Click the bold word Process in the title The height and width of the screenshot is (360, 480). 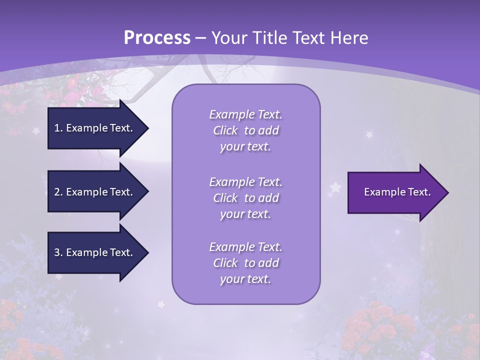click(157, 38)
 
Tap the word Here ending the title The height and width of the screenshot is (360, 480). click(351, 38)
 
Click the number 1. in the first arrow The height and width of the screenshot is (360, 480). click(58, 128)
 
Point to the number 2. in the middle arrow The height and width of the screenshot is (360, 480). click(58, 192)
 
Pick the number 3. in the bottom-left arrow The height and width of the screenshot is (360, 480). click(58, 252)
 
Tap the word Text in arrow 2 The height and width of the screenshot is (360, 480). click(120, 192)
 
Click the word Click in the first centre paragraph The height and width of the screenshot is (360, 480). click(225, 131)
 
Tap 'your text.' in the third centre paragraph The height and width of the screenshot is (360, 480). click(245, 279)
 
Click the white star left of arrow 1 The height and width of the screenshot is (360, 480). click(36, 131)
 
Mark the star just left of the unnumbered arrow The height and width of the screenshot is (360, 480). click(335, 187)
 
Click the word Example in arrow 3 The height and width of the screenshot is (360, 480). click(83, 252)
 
